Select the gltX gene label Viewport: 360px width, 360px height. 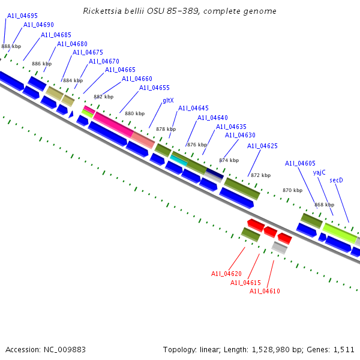pos(168,101)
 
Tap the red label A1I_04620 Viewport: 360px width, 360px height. pos(226,274)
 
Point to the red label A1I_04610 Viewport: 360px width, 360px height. pos(265,292)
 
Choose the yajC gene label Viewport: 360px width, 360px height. pos(319,172)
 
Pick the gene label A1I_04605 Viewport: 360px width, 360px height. pos(300,163)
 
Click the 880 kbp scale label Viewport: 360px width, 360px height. pos(134,113)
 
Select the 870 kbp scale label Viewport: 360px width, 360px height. pos(292,190)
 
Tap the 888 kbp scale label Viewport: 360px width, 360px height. pos(11,46)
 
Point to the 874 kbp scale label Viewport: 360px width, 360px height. pos(229,160)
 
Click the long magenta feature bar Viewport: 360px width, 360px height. pos(113,124)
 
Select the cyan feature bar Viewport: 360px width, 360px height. pos(179,160)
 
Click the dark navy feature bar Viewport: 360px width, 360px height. pos(214,173)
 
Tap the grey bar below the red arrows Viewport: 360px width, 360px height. pos(279,247)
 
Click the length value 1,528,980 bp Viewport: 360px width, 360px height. pos(274,349)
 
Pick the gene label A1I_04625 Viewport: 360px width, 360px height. pos(262,146)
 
